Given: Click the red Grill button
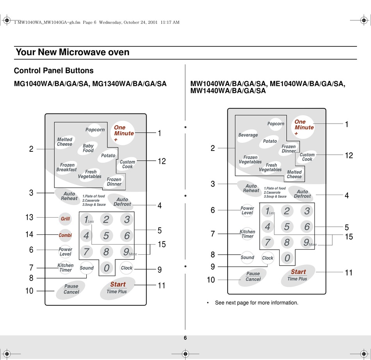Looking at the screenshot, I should pyautogui.click(x=65, y=218).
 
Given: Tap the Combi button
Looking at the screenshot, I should pyautogui.click(x=65, y=235).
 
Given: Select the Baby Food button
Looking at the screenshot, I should pyautogui.click(x=88, y=148).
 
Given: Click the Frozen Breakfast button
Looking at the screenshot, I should pyautogui.click(x=67, y=167).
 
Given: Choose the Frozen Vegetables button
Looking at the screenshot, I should pyautogui.click(x=250, y=160).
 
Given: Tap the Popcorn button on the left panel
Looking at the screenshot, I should pyautogui.click(x=95, y=129).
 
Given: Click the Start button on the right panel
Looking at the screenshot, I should pyautogui.click(x=298, y=275).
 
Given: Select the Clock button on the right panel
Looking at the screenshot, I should pyautogui.click(x=268, y=258).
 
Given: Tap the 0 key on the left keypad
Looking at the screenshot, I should pyautogui.click(x=106, y=268).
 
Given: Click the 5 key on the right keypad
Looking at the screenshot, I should pyautogui.click(x=287, y=227).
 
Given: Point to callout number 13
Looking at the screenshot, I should pyautogui.click(x=29, y=218).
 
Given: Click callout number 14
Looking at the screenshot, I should pyautogui.click(x=29, y=235).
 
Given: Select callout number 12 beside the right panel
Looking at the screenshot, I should pyautogui.click(x=349, y=155).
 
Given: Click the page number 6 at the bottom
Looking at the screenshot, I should pyautogui.click(x=185, y=338).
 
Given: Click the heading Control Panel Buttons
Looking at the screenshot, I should pyautogui.click(x=54, y=71).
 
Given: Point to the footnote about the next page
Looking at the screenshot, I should pyautogui.click(x=256, y=303).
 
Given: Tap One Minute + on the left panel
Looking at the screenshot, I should pyautogui.click(x=123, y=133).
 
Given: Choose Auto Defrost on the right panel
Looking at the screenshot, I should pyautogui.click(x=302, y=194).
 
